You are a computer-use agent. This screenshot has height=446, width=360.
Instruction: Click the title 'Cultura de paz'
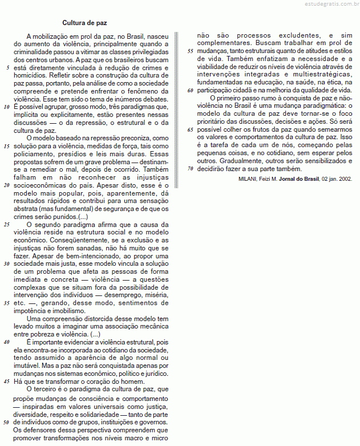tap(84, 23)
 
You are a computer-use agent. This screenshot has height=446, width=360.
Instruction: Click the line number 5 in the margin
tap(7, 67)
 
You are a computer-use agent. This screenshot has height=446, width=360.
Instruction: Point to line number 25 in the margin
tap(7, 225)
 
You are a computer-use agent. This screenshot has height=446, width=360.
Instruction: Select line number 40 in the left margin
tap(7, 342)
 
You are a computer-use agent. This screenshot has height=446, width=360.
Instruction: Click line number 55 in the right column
tap(191, 51)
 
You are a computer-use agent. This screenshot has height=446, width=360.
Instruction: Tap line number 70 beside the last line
tap(191, 169)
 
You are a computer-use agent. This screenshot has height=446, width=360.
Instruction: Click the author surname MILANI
tap(249, 179)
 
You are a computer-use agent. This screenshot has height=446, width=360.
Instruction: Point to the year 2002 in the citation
tap(345, 179)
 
